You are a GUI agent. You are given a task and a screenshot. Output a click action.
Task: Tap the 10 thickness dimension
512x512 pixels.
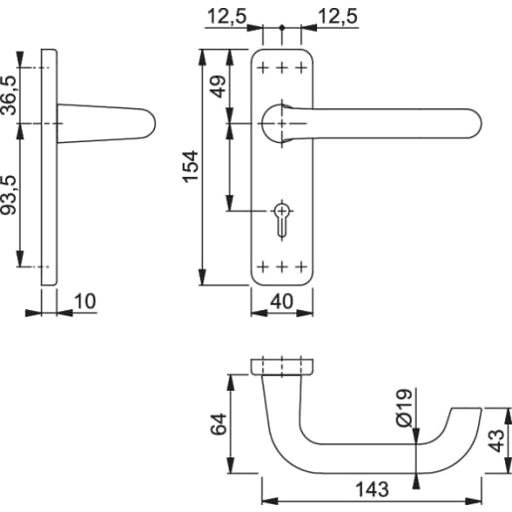(85, 299)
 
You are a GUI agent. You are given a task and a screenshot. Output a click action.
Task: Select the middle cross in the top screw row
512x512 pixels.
(281, 68)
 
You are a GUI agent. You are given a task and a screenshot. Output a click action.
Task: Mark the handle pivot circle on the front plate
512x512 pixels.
(279, 122)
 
